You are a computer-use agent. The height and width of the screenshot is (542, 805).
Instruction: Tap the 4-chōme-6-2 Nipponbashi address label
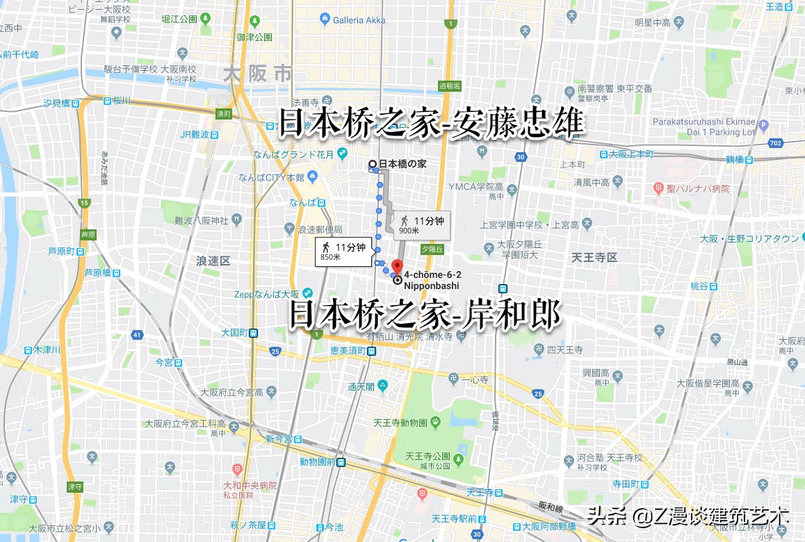click(432, 280)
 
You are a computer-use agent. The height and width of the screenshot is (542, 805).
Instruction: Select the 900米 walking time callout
click(421, 224)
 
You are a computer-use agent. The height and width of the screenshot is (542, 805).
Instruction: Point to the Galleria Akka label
click(358, 20)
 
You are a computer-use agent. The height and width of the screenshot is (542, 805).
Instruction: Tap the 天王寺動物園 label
click(400, 422)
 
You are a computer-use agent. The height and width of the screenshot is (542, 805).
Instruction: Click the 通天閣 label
click(361, 386)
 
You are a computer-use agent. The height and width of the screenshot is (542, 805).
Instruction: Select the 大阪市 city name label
click(257, 74)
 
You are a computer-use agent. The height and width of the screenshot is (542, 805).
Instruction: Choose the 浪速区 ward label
click(213, 261)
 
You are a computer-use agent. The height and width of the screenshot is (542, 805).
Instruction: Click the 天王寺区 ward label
click(594, 258)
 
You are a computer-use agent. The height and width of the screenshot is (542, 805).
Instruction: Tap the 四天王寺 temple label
click(564, 349)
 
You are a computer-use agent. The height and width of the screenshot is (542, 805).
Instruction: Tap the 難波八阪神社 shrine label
click(202, 221)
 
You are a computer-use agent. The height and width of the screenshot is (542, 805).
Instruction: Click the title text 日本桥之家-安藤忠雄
click(431, 124)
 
